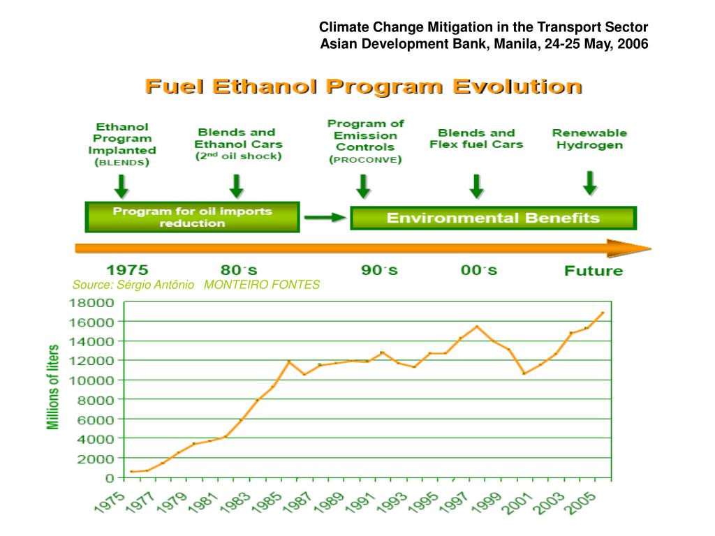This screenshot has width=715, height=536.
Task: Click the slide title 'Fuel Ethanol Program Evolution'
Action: pos(362,87)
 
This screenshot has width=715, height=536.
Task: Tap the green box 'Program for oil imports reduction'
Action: pos(192,217)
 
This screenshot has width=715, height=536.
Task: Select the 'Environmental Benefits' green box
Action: pos(493,218)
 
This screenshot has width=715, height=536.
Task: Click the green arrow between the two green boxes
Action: pos(325,218)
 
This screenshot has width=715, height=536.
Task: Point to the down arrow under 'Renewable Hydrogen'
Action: pos(590,182)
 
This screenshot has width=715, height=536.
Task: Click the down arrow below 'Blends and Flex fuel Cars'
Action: pos(476,186)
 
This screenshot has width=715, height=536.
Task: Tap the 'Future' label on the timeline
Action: pos(594,271)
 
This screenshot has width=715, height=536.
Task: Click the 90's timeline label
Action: pos(380,270)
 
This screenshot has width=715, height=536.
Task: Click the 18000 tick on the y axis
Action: pos(91,303)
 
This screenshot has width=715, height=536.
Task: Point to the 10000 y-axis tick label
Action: pos(91,380)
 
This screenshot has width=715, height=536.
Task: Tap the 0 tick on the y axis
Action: pos(110,478)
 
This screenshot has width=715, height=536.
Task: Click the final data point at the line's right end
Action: pos(602,313)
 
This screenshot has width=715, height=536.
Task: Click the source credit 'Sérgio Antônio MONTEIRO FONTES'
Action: pos(196,284)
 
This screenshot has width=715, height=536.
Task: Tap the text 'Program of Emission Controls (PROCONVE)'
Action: pos(365,142)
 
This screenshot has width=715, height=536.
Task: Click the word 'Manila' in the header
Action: pos(514,44)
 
